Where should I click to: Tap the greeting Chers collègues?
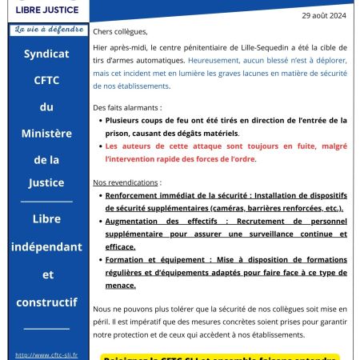point(121,33)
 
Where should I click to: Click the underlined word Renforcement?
point(135,196)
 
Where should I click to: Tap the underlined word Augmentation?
point(135,226)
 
